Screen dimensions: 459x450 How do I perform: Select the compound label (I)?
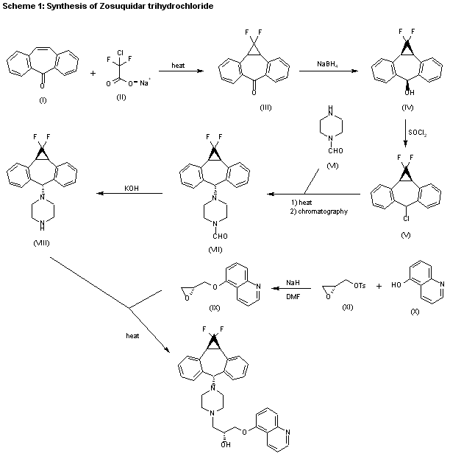tap(42, 100)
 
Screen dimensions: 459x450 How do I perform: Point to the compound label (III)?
tap(266, 108)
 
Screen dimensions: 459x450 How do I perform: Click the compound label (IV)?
tap(407, 108)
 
